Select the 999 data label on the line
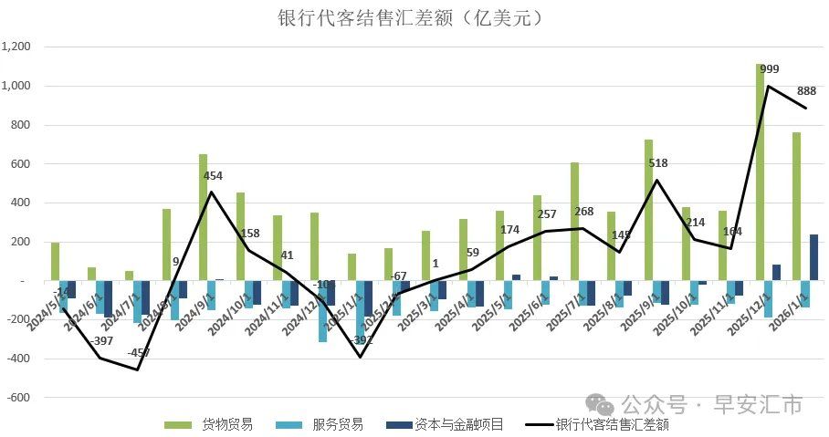tap(769, 69)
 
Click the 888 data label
tap(806, 90)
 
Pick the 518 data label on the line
tap(657, 163)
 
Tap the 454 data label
tap(213, 176)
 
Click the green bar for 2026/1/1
tap(796, 206)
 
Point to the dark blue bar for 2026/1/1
tap(813, 257)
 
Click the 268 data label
tap(583, 213)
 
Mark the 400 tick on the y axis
tap(22, 203)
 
